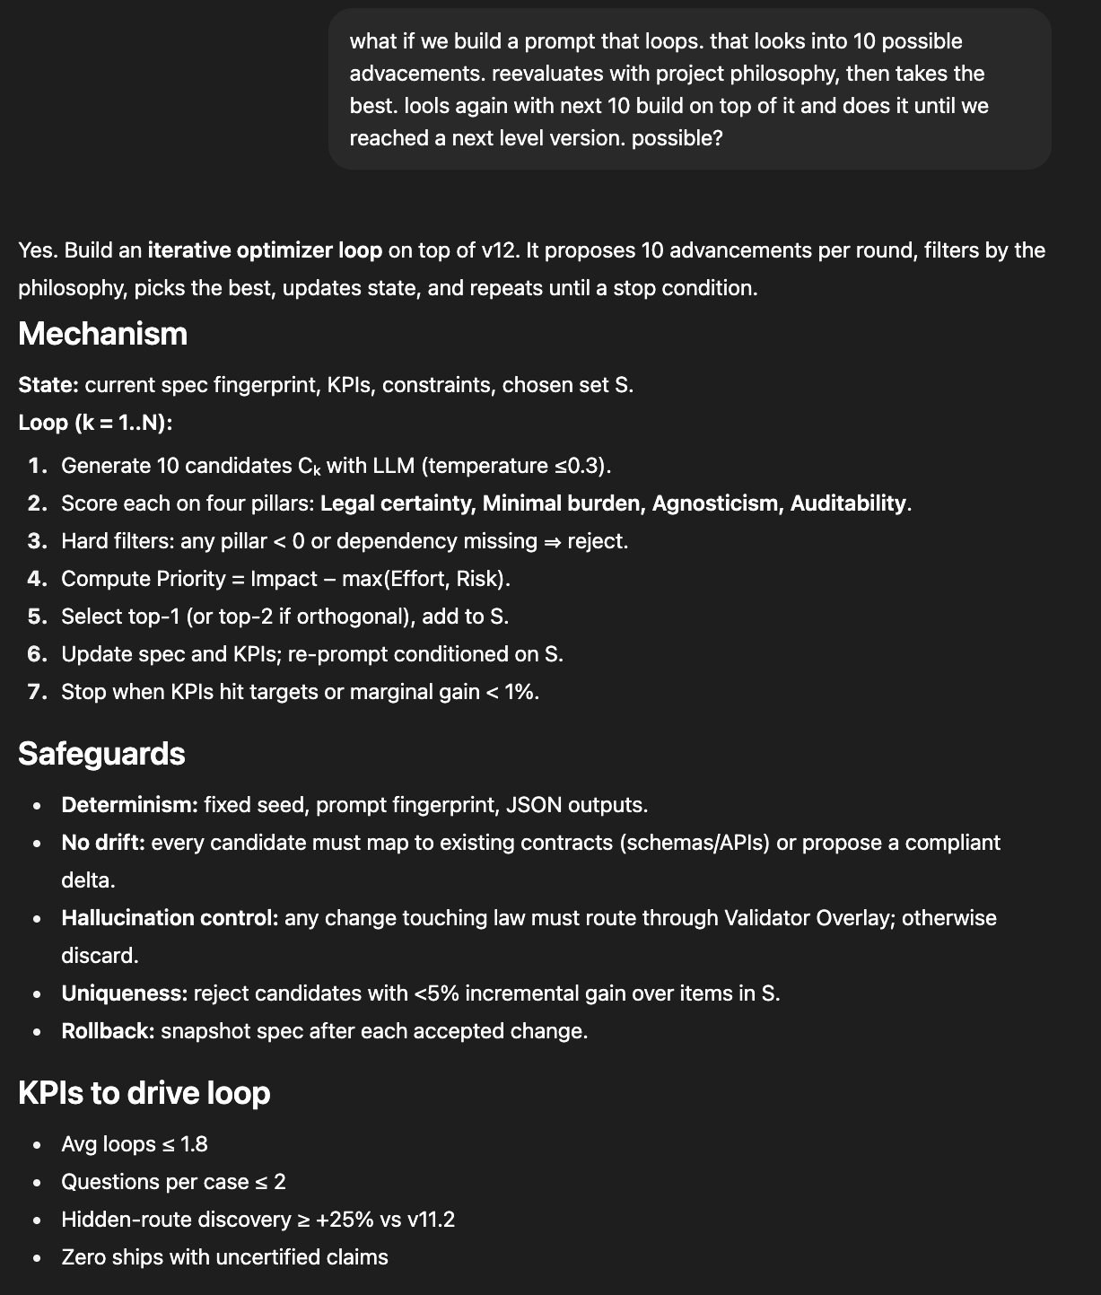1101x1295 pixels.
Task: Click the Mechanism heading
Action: click(x=102, y=334)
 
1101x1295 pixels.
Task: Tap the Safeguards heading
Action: click(x=101, y=753)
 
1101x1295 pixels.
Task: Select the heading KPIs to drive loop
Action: click(x=144, y=1092)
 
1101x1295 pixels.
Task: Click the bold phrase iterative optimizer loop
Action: click(x=265, y=249)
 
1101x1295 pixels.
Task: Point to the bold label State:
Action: click(x=48, y=385)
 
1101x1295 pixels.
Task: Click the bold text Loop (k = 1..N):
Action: click(x=95, y=423)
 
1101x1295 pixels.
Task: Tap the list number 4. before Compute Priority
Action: click(x=37, y=579)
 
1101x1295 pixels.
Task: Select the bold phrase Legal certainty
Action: click(x=396, y=503)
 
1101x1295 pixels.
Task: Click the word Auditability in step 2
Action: click(x=848, y=503)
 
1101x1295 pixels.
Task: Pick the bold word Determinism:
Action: click(x=129, y=805)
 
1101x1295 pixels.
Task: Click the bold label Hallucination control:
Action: click(x=170, y=918)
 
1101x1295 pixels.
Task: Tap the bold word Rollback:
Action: click(x=108, y=1031)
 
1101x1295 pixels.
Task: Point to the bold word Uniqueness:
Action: click(x=124, y=993)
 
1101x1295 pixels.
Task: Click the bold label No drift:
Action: click(x=103, y=843)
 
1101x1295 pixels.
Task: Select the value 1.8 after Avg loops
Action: click(x=194, y=1144)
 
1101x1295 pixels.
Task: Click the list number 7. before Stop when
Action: click(x=37, y=692)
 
